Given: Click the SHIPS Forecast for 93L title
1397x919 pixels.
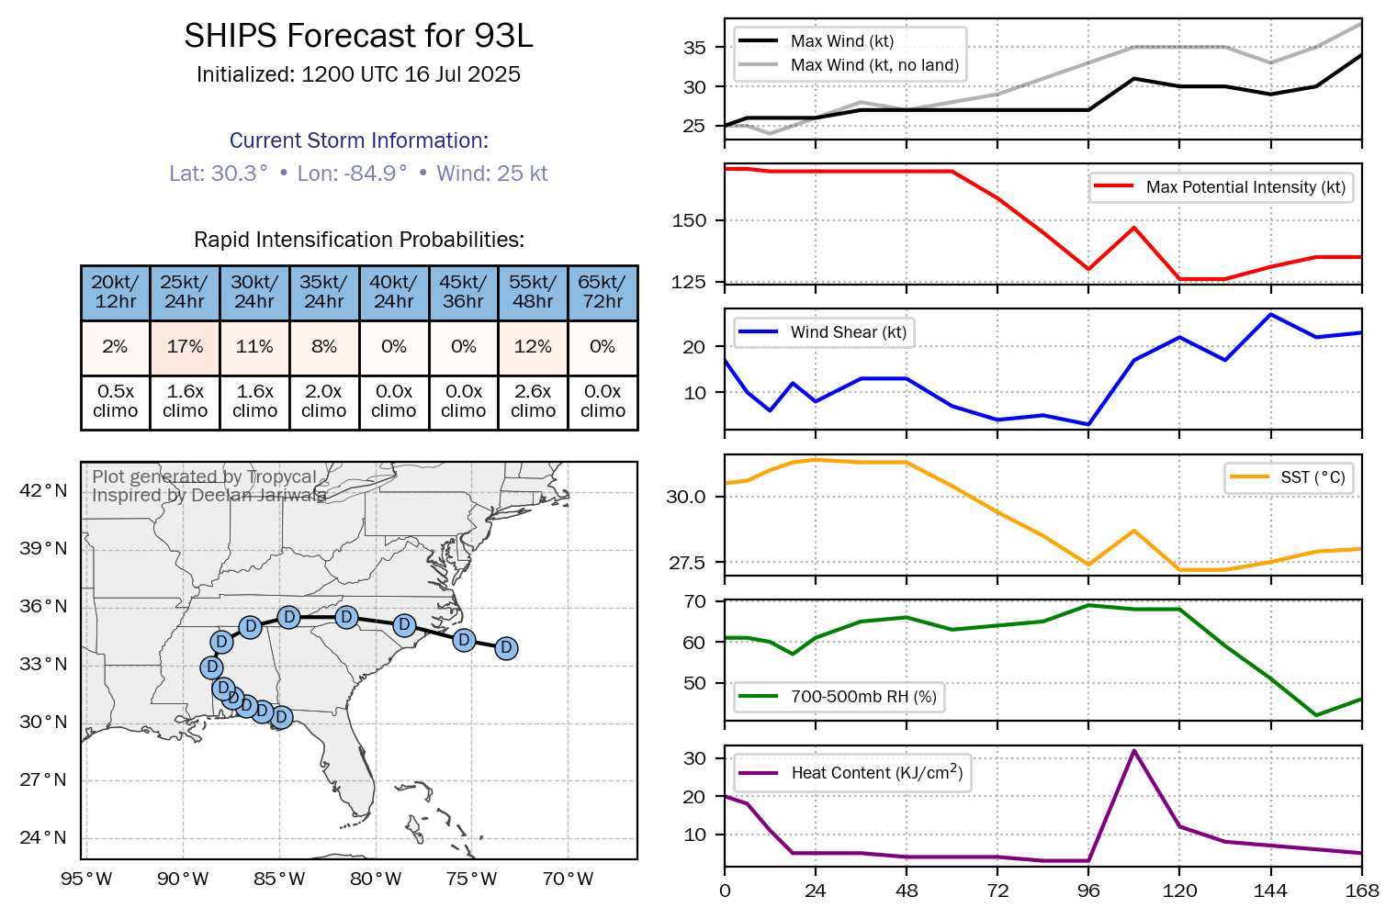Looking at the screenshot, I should [x=358, y=36].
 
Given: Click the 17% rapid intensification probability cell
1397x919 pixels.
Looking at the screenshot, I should [x=185, y=347].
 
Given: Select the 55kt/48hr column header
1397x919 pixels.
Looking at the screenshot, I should [x=533, y=292].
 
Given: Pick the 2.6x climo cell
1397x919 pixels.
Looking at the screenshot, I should [x=533, y=401].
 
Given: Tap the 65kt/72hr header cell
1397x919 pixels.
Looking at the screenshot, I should [x=603, y=292].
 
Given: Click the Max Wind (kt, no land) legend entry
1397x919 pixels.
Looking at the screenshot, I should [x=873, y=65].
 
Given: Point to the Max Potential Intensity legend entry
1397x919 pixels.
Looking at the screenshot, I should [x=1245, y=187].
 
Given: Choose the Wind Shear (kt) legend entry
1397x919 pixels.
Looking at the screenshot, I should [x=848, y=332].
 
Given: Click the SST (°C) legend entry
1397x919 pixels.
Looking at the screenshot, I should [x=1313, y=477].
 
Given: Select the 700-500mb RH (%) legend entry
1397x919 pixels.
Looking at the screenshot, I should [x=863, y=697].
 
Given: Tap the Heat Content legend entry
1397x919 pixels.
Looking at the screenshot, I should [x=876, y=773].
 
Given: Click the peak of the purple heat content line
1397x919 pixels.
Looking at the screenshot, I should [x=1134, y=750].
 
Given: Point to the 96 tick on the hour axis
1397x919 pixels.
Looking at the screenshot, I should [x=1088, y=891].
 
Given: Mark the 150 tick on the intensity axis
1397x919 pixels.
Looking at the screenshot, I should [x=689, y=220].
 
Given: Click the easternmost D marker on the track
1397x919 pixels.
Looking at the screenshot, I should [x=506, y=648].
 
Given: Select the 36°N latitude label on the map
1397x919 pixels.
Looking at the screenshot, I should [x=43, y=606].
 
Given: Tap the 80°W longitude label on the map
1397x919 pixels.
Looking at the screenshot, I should [x=376, y=879].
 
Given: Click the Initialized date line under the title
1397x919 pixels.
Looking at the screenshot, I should [x=358, y=74].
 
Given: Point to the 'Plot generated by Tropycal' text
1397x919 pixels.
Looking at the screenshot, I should [x=204, y=476].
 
